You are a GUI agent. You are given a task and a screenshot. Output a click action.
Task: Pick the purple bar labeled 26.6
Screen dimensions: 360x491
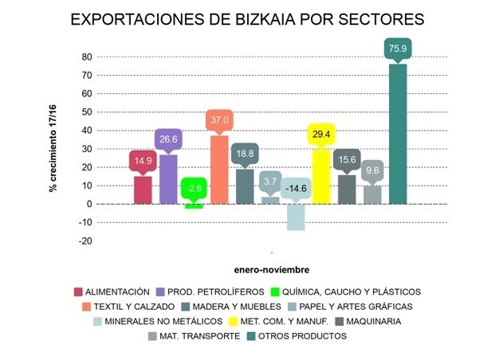[x=168, y=179]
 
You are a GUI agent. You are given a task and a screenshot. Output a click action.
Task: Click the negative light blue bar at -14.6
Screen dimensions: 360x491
[x=296, y=217]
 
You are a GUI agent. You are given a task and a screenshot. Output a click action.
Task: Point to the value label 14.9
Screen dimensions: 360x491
[x=142, y=161]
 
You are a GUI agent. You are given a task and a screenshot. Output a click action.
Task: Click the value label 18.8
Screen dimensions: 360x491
[x=245, y=155]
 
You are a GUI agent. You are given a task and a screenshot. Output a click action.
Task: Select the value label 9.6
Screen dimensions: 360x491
[x=372, y=170]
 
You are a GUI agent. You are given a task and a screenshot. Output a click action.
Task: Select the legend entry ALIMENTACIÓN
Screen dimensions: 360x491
[x=119, y=292]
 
